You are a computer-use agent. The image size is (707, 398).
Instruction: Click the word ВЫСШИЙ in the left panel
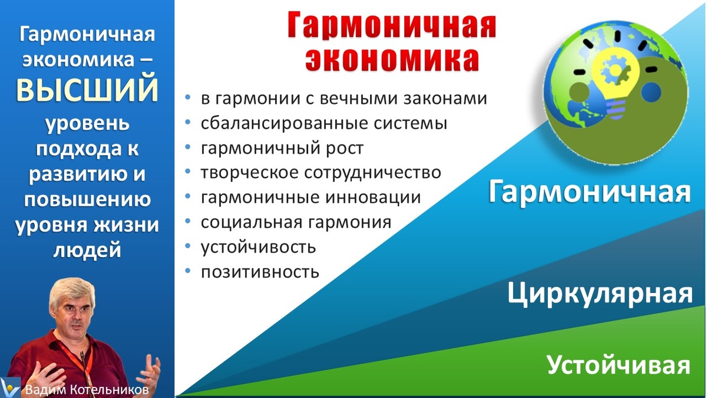tap(87, 90)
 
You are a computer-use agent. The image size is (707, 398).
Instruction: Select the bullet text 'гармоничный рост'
tap(282, 148)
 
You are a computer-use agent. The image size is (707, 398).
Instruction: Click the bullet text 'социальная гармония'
tap(296, 222)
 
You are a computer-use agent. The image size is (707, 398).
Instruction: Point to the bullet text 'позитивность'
tap(260, 272)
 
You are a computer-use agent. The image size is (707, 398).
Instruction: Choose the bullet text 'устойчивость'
tap(258, 247)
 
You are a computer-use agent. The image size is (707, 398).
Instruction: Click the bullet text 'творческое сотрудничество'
tap(321, 173)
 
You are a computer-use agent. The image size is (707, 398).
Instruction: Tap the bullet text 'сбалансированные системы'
tap(323, 124)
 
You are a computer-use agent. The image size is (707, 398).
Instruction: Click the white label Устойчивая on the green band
tap(618, 365)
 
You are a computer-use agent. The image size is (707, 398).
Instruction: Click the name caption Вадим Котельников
tap(87, 390)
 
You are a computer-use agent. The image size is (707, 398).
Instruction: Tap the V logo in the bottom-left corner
tap(11, 387)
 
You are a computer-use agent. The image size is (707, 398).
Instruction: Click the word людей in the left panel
tap(87, 250)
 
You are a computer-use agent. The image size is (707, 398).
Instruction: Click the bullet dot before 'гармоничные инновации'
tap(187, 197)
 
